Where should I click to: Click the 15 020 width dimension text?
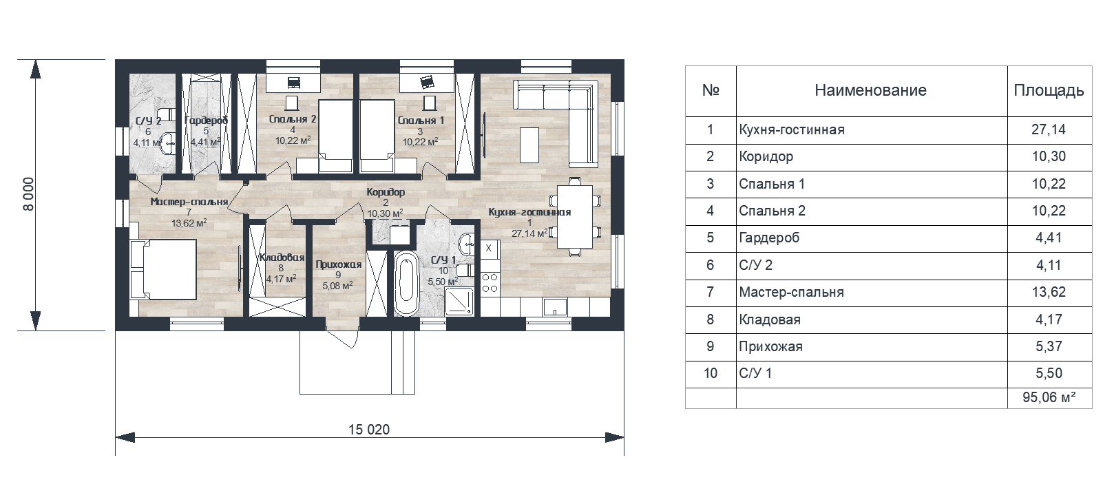click(x=369, y=430)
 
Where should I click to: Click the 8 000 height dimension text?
click(x=29, y=194)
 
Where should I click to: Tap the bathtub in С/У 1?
click(x=406, y=283)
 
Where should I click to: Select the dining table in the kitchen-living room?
click(x=574, y=217)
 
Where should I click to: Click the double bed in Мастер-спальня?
click(x=163, y=269)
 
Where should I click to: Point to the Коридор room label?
click(x=386, y=192)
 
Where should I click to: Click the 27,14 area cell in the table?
click(x=1049, y=130)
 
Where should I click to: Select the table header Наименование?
click(x=870, y=90)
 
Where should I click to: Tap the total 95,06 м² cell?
click(x=1049, y=397)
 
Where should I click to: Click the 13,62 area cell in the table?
click(x=1049, y=292)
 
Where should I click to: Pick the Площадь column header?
click(x=1049, y=90)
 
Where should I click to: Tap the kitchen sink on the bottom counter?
click(x=555, y=307)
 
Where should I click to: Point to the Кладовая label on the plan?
click(x=282, y=258)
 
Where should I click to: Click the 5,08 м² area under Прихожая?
click(x=337, y=286)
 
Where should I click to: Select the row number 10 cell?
click(x=710, y=373)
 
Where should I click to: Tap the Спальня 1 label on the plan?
click(x=421, y=120)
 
